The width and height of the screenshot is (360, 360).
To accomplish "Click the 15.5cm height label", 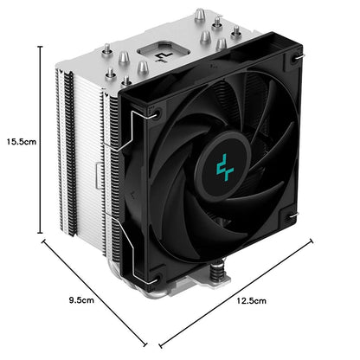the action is pos(22,142).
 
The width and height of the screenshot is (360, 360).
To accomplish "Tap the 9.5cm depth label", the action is pos(81,300).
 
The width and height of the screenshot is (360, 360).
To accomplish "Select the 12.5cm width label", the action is pos(252,301).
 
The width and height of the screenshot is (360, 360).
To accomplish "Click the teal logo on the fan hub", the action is pos(225,167).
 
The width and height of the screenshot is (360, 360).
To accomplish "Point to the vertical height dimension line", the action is pos(41,139).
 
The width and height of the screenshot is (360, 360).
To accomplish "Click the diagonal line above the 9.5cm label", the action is pos(94,292).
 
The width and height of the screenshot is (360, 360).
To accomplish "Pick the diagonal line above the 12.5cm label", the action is pos(236,292).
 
